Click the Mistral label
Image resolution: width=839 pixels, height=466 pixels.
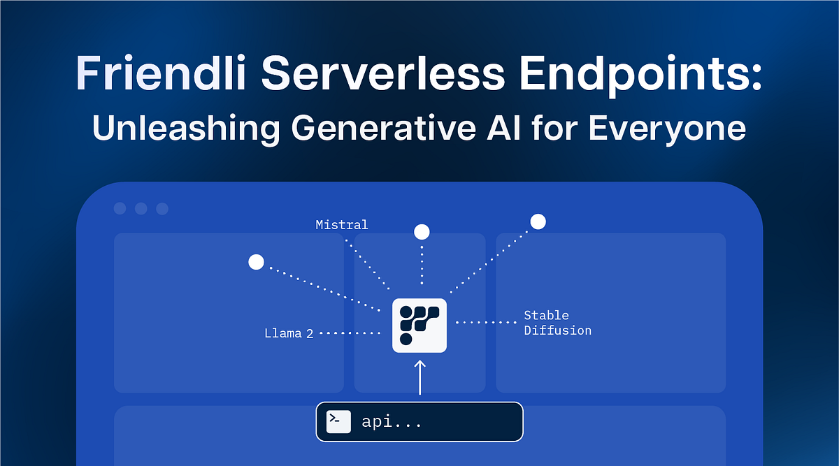341,225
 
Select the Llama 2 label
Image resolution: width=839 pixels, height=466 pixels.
288,333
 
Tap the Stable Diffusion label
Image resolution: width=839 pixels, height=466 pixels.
557,323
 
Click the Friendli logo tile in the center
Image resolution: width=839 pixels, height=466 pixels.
419,325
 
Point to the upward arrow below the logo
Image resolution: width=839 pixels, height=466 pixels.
419,377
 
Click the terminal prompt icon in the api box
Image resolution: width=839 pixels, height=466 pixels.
338,421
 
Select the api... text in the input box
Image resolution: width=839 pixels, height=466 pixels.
392,422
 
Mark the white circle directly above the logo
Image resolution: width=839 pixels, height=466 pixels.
422,232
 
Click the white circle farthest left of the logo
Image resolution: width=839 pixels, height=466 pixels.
256,262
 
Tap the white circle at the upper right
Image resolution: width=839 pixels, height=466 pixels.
538,221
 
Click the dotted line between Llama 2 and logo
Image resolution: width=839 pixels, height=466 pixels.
348,333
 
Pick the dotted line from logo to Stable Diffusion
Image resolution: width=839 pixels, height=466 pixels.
485,323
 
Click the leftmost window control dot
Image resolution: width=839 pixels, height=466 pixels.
120,208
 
